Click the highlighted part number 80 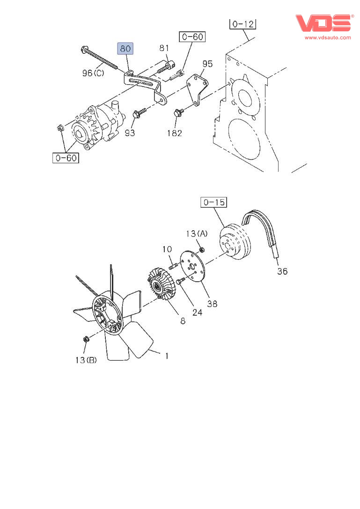[125, 49]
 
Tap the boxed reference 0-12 [243, 23]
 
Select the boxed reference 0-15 [213, 203]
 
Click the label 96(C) [93, 73]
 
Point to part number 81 [164, 48]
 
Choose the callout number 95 [207, 64]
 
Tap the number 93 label [130, 133]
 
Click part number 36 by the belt [282, 271]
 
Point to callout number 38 [212, 304]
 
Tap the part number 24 [197, 312]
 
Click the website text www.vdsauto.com [328, 37]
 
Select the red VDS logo [323, 23]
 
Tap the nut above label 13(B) [86, 339]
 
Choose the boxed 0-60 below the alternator [66, 158]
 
